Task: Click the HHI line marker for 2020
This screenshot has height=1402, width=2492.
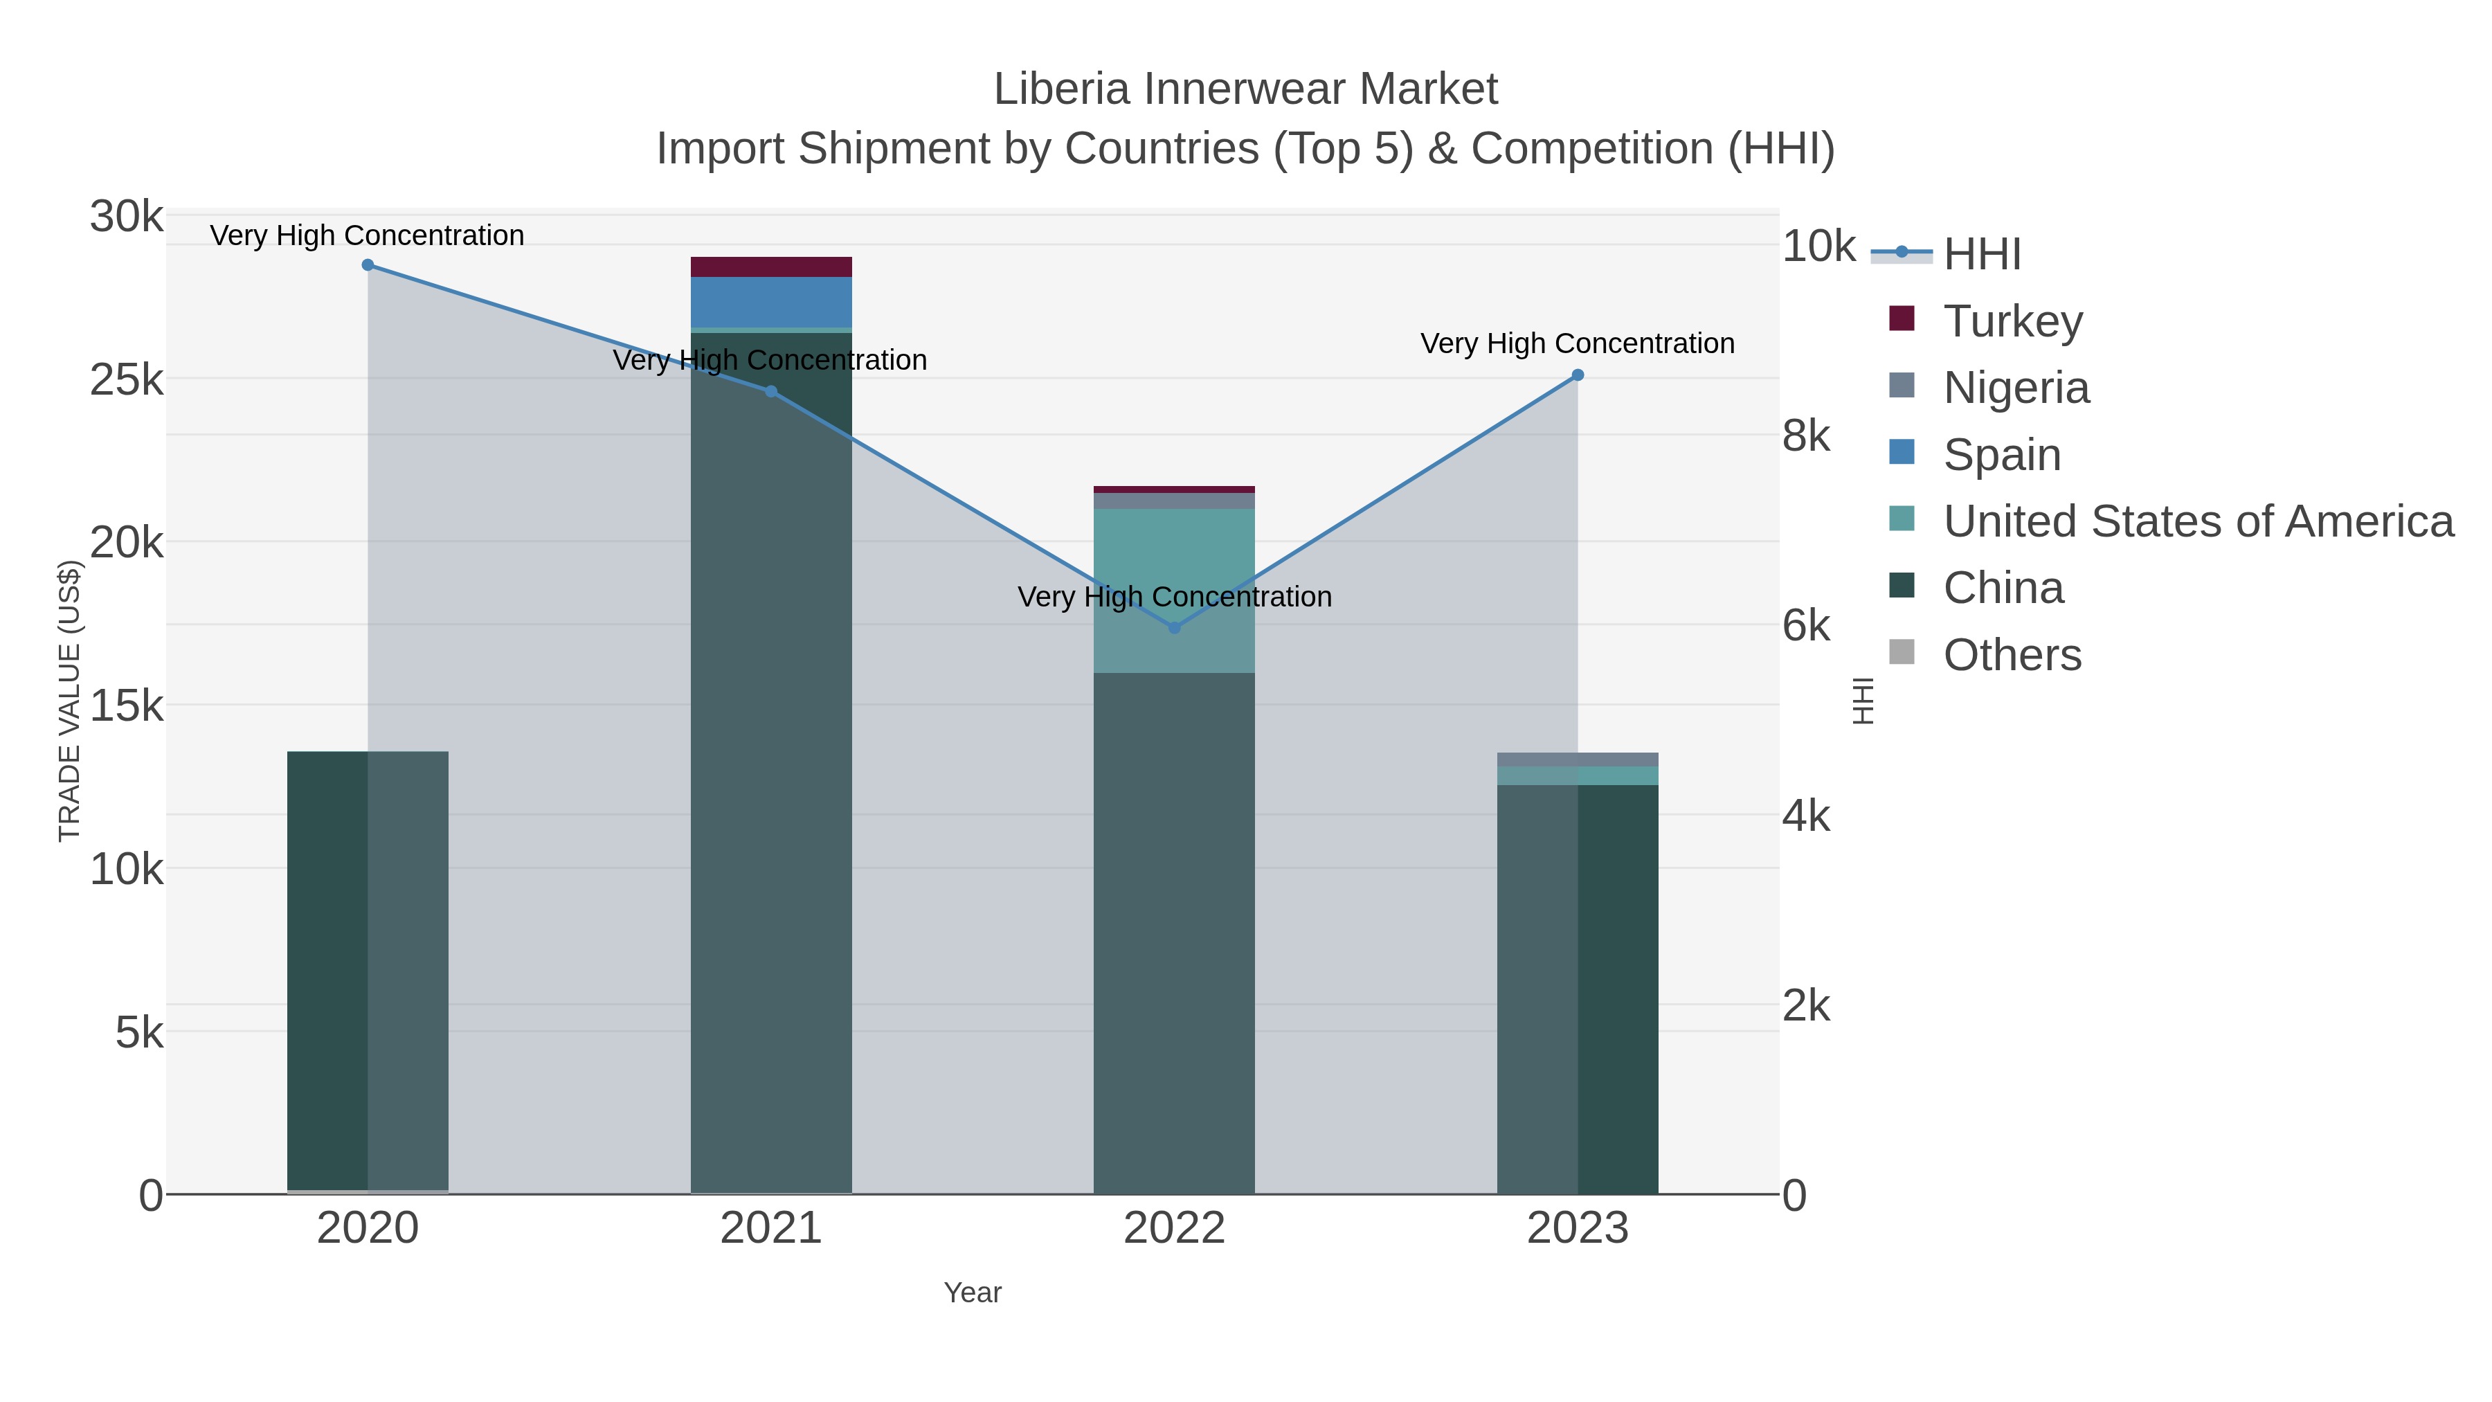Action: coord(368,265)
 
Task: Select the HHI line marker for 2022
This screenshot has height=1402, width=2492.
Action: coord(1175,628)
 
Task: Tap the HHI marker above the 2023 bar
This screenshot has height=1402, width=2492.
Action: coord(1578,375)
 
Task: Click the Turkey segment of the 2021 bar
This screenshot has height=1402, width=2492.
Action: coord(771,267)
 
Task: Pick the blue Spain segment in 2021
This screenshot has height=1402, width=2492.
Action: coord(771,302)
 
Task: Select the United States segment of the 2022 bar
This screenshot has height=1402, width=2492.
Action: coord(1175,590)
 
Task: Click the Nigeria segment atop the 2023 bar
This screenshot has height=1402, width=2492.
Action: coord(1578,760)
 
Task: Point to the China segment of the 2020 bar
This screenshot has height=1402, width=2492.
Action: coord(368,968)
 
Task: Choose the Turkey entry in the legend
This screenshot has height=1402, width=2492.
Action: coord(2012,321)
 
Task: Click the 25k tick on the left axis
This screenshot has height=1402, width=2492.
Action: coord(127,380)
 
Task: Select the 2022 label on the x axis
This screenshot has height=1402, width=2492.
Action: coord(1175,1229)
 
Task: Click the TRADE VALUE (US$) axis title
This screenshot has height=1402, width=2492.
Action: coord(70,701)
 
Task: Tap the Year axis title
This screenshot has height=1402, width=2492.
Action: coord(973,1293)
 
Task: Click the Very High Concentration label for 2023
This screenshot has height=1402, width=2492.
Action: coord(1577,343)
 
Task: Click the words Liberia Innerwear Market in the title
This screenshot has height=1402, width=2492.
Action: coord(1245,90)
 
